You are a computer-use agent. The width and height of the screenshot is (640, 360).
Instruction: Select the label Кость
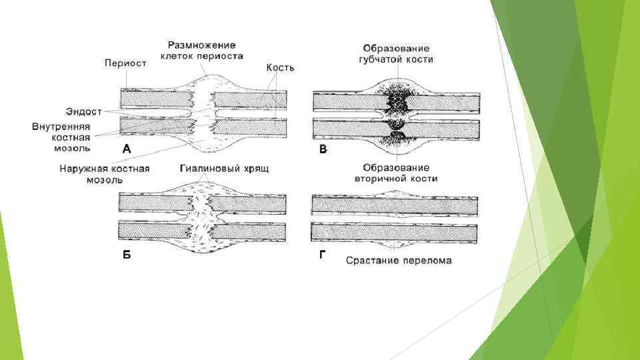[280, 68]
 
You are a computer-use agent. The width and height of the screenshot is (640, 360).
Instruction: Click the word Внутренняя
[61, 126]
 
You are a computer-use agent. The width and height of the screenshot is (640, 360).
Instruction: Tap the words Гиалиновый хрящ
[225, 169]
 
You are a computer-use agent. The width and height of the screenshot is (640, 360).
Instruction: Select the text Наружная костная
[105, 169]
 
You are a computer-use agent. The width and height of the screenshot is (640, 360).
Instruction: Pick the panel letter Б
[127, 259]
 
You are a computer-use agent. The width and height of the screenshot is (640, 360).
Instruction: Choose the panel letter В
[323, 151]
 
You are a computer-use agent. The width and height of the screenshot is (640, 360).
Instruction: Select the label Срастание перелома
[398, 260]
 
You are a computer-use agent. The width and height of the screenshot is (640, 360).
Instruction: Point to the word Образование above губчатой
[396, 48]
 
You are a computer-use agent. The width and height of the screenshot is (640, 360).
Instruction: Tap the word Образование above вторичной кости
[396, 167]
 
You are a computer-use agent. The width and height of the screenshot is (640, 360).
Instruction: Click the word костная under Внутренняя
[71, 137]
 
